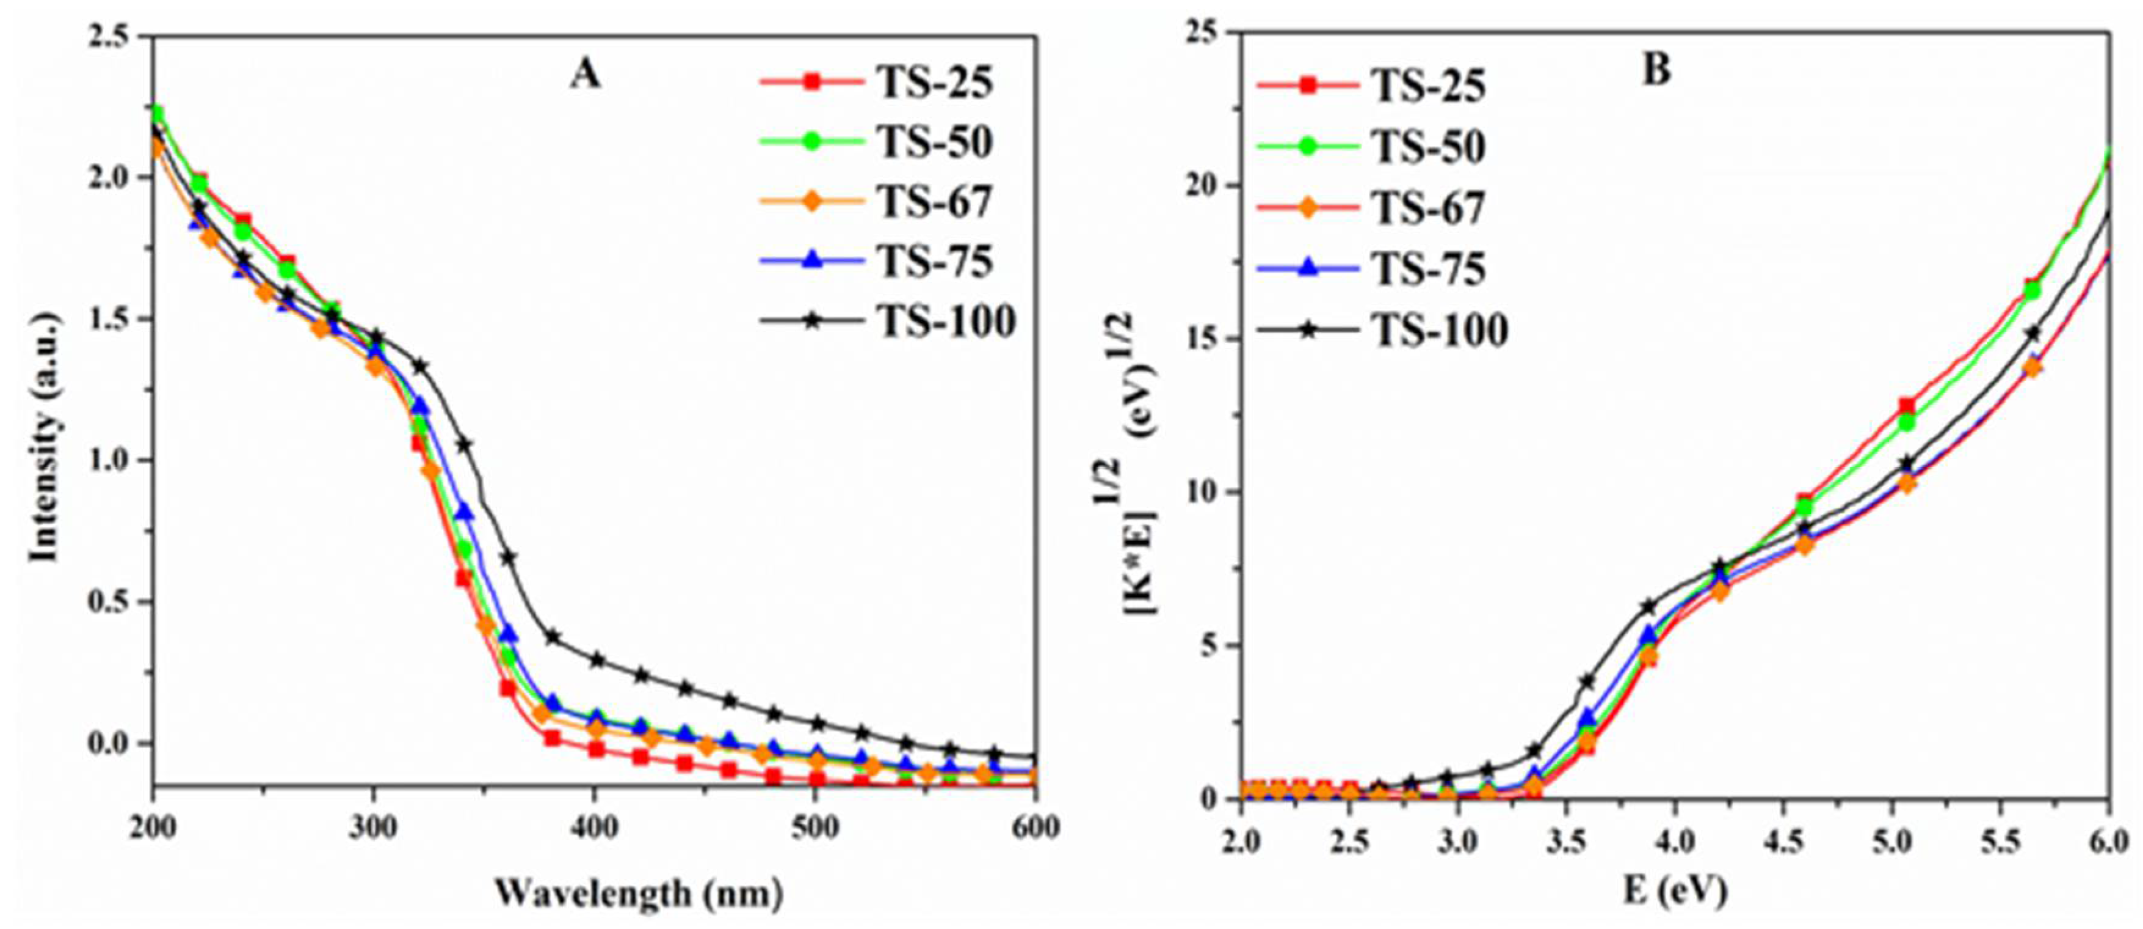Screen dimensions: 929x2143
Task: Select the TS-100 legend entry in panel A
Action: pyautogui.click(x=945, y=322)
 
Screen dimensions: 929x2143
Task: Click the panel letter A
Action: pyautogui.click(x=584, y=75)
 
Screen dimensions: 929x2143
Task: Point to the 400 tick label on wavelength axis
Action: pyautogui.click(x=594, y=828)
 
